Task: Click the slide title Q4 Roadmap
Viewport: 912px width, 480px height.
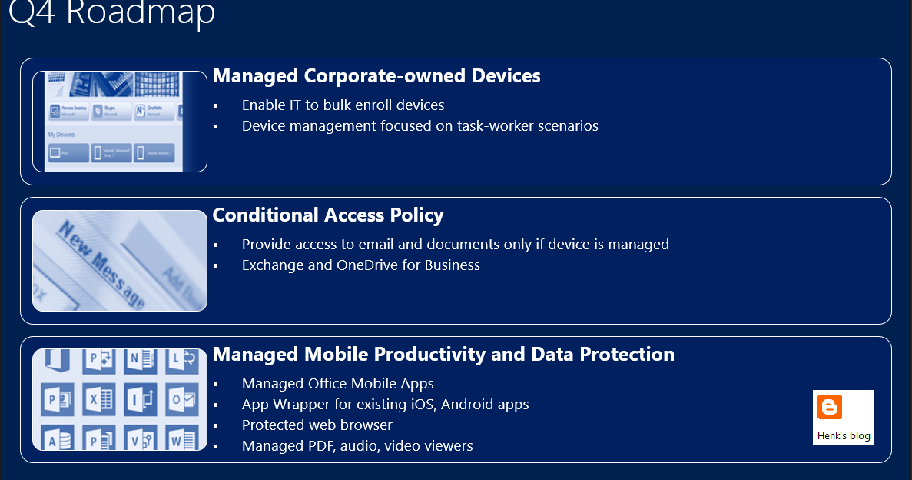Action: pos(112,13)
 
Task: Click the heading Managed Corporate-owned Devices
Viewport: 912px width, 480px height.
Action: pos(376,76)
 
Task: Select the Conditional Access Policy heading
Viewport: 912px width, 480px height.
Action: pos(328,215)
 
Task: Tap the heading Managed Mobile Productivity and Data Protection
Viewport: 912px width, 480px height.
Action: pos(443,355)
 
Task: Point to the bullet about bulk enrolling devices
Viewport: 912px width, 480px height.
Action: pos(343,105)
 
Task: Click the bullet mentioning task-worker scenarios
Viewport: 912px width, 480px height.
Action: pos(420,126)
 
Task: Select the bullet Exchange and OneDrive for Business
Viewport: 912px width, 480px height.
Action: pos(360,265)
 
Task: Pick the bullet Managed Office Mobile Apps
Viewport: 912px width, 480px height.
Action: pos(337,384)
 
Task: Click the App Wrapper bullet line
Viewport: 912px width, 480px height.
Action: pos(385,405)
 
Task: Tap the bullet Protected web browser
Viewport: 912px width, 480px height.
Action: pos(317,425)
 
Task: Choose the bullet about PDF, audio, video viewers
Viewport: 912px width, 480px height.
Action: pos(357,446)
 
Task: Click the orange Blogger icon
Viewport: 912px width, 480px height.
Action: pos(830,407)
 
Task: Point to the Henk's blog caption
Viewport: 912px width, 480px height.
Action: pos(844,436)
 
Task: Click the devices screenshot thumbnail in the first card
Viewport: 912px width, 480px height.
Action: pos(120,122)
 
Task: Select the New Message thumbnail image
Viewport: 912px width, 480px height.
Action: pos(120,261)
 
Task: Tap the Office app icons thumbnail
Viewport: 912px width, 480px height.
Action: pos(120,399)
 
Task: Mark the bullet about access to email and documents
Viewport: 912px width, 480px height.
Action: pos(455,245)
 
